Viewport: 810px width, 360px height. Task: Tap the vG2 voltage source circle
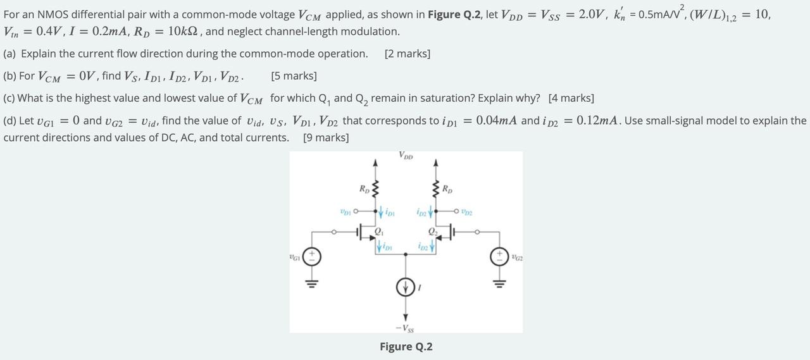click(500, 257)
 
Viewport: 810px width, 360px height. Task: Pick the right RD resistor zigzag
click(435, 189)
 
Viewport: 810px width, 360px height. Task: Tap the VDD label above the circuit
click(406, 156)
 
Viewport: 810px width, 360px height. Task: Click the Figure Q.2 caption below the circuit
click(406, 347)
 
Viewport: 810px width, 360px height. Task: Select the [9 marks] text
click(326, 137)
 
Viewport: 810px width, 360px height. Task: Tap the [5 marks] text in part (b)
click(294, 76)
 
